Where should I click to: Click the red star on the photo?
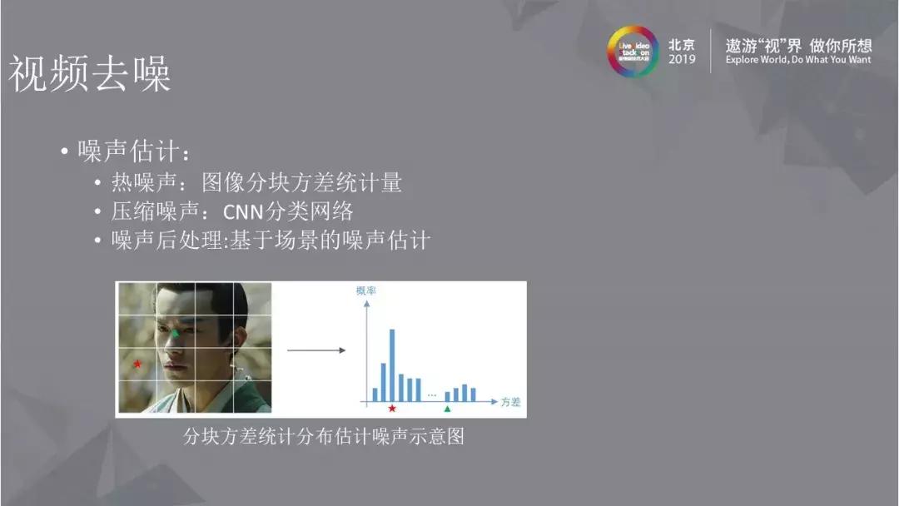pyautogui.click(x=137, y=364)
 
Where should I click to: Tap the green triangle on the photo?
pyautogui.click(x=176, y=332)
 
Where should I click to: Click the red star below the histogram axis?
pyautogui.click(x=392, y=409)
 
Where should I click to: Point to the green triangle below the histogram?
pyautogui.click(x=447, y=409)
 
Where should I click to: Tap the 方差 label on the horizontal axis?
pyautogui.click(x=510, y=402)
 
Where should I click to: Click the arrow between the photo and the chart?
pyautogui.click(x=315, y=350)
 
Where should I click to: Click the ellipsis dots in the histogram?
pyautogui.click(x=431, y=393)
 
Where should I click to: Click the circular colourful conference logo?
pyautogui.click(x=632, y=52)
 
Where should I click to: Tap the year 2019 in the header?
pyautogui.click(x=681, y=60)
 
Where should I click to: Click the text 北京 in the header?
pyautogui.click(x=681, y=44)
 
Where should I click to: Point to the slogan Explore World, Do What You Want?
pyautogui.click(x=798, y=60)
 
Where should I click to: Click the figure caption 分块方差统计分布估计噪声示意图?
pyautogui.click(x=323, y=436)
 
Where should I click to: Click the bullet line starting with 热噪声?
pyautogui.click(x=256, y=182)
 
